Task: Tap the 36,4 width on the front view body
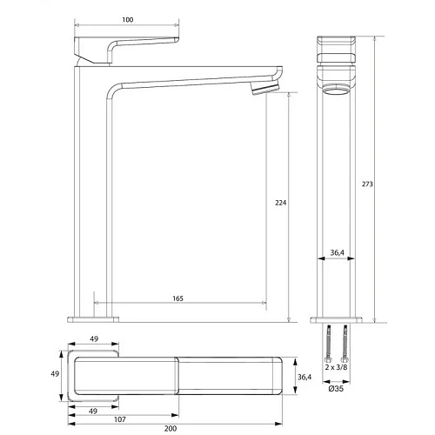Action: (x=339, y=254)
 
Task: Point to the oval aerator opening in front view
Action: (x=338, y=90)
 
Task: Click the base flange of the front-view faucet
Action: (x=338, y=318)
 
